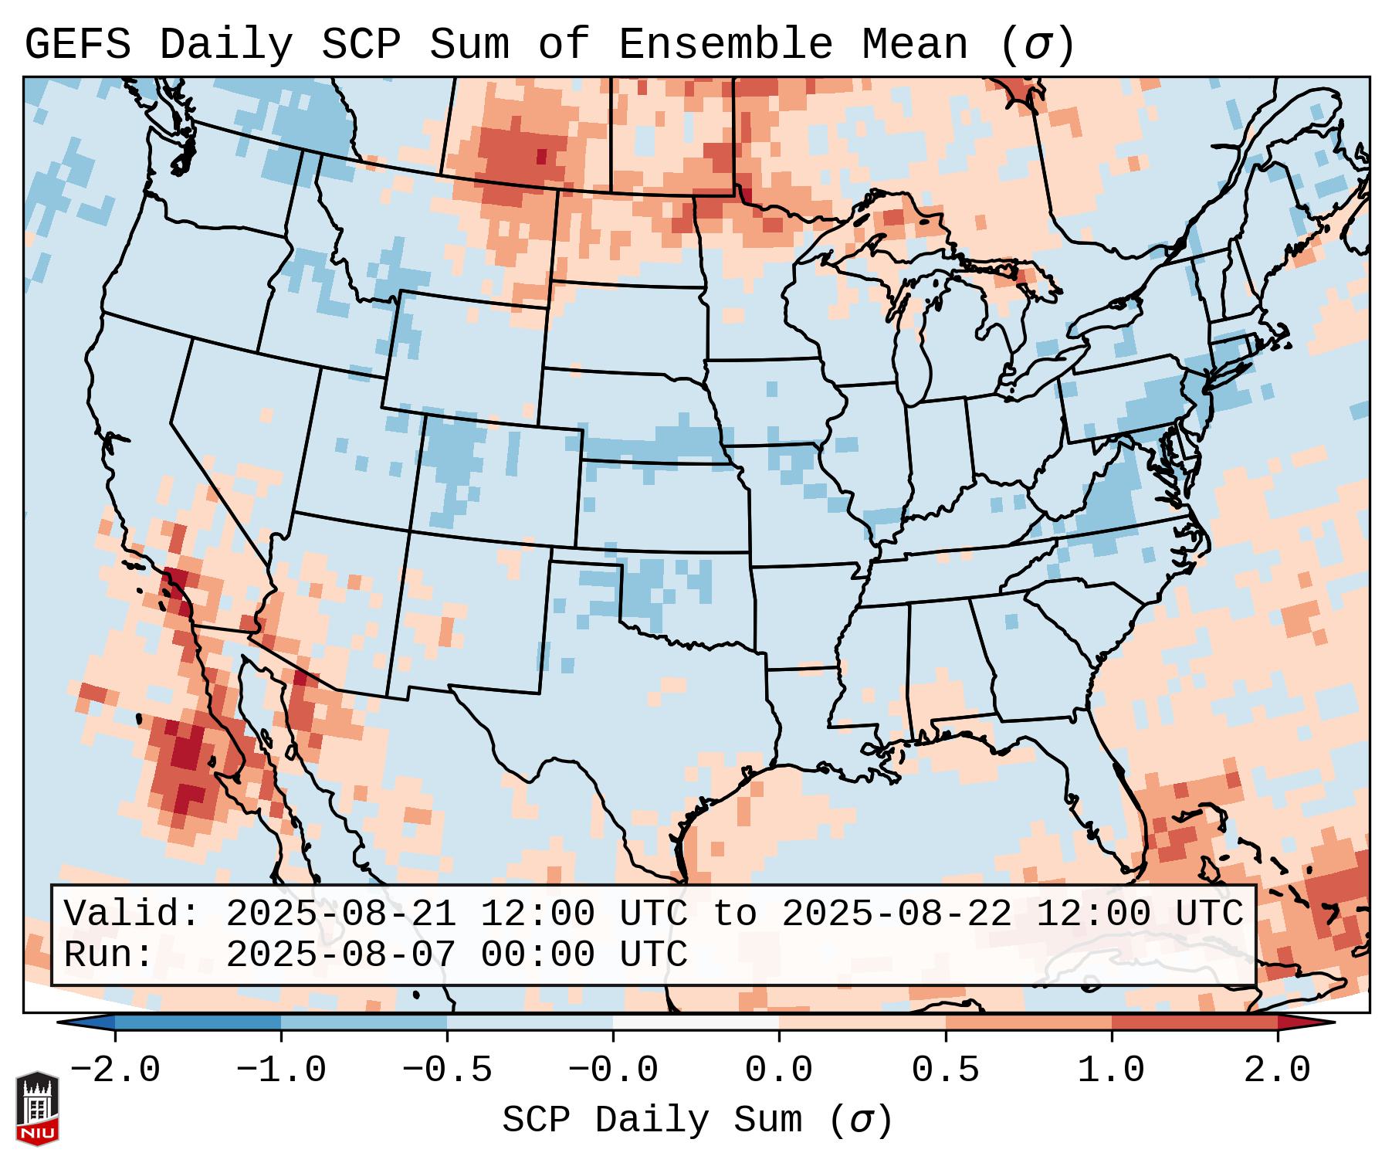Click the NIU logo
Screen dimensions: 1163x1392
[37, 1107]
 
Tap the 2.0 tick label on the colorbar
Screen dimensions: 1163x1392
[1277, 1070]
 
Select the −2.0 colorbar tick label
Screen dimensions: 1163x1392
[115, 1070]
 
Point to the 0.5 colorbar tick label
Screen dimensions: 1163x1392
[945, 1070]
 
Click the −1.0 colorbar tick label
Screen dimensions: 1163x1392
[281, 1070]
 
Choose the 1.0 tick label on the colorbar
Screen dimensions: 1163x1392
[1111, 1070]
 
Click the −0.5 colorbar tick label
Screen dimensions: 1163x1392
[447, 1070]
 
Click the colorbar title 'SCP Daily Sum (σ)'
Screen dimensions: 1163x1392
[697, 1121]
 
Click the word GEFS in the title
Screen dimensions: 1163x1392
[78, 45]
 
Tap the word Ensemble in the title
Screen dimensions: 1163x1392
[725, 45]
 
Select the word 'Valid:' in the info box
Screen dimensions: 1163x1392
[132, 914]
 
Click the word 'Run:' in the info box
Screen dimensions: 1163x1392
[109, 954]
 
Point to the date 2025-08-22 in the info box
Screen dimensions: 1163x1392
[896, 914]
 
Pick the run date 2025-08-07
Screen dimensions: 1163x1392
[340, 954]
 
